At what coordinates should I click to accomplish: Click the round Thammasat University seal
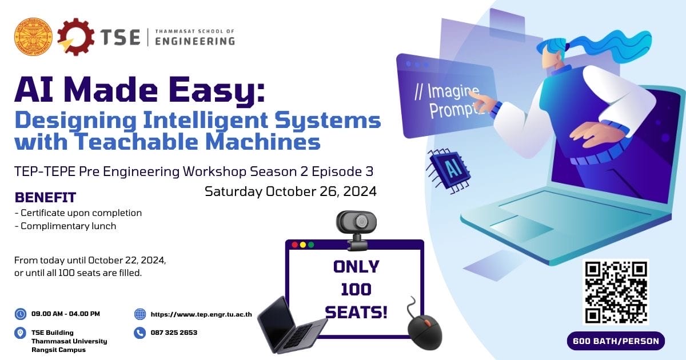pos(33,37)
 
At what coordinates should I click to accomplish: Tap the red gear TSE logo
pos(75,37)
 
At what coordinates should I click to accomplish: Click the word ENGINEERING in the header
pos(195,41)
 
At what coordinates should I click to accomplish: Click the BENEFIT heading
pos(45,198)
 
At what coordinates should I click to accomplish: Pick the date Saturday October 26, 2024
pos(290,191)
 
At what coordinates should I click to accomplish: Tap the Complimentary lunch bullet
pos(66,226)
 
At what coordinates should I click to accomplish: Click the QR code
pos(616,293)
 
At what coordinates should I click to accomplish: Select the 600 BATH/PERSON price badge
pos(616,341)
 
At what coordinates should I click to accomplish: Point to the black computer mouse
pos(425,331)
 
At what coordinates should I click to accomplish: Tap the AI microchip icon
pos(448,170)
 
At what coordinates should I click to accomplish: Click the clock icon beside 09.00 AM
pos(21,314)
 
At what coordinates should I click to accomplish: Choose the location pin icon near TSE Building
pos(20,333)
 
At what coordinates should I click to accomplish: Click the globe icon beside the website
pos(140,314)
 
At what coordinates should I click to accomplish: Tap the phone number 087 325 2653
pos(174,333)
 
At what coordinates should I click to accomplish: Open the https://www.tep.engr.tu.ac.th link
pos(201,314)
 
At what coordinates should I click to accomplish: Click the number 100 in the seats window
pos(356,289)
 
